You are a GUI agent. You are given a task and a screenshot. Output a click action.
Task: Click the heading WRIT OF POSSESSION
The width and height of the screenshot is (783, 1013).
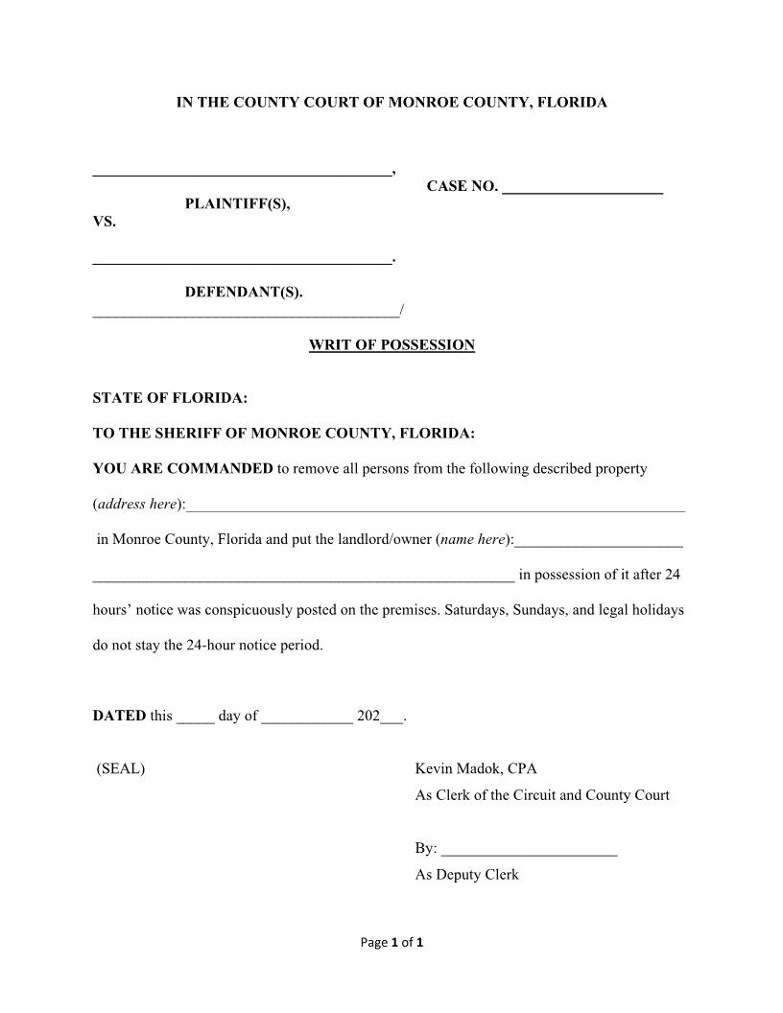(391, 345)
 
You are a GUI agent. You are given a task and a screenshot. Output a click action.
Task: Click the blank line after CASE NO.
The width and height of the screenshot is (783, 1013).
(581, 189)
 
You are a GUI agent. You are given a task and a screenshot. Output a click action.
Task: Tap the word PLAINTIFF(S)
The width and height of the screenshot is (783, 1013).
(237, 204)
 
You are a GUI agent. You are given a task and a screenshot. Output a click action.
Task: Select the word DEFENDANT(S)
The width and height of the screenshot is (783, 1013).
(244, 292)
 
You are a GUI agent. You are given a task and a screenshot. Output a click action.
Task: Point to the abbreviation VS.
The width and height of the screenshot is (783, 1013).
(104, 222)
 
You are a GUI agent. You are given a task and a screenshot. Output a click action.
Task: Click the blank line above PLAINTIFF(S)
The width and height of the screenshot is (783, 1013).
(242, 172)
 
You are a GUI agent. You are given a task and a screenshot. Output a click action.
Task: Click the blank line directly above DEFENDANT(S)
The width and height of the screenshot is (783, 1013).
(242, 259)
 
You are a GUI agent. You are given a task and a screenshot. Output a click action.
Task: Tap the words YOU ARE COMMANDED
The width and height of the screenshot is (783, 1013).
(182, 469)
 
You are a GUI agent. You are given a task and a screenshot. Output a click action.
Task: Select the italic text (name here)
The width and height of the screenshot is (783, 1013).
(473, 539)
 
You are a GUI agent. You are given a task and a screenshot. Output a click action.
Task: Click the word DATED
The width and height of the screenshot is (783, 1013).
(119, 716)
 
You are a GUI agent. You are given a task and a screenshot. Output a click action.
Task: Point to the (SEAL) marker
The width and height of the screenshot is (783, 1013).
(121, 768)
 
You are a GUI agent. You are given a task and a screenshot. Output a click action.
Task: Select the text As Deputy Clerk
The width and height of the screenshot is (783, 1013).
(466, 875)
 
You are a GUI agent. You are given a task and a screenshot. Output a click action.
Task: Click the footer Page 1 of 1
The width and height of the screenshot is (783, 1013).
(391, 942)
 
